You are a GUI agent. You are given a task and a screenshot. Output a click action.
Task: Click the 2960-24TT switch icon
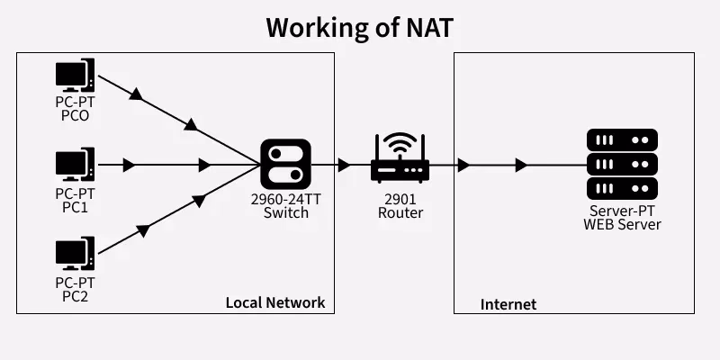point(285,165)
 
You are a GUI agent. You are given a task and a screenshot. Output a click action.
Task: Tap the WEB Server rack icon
point(622,164)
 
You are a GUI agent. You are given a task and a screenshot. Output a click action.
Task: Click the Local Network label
point(274,302)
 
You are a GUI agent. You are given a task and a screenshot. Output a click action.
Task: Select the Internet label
point(508,304)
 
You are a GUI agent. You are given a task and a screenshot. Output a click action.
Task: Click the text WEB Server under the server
point(622,223)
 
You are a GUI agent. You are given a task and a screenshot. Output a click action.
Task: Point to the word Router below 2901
point(400,213)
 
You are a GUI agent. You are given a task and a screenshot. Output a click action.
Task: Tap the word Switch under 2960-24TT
point(285,213)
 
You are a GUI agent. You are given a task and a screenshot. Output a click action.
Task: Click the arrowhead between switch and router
point(344,166)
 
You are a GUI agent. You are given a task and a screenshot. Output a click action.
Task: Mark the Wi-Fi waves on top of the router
point(400,144)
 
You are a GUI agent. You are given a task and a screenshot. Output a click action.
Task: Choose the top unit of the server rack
point(622,140)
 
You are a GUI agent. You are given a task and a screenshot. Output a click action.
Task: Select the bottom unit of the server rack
point(622,188)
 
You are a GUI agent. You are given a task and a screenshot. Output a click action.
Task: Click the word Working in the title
point(317,27)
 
